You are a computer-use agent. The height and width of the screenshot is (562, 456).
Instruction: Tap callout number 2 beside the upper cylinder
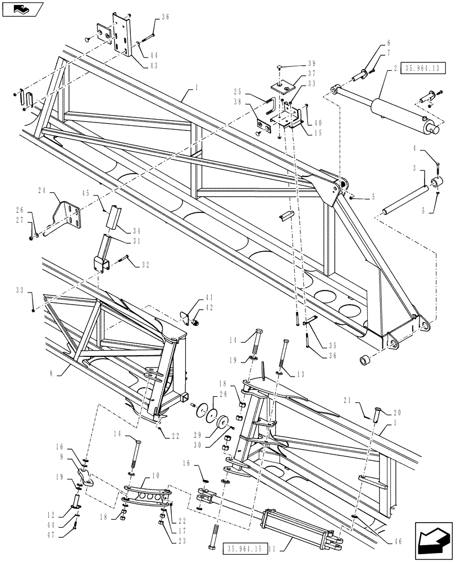[x=395, y=68]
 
